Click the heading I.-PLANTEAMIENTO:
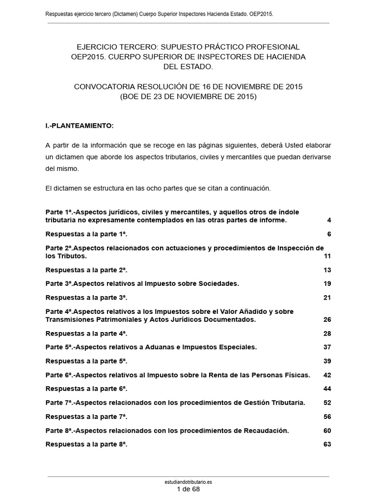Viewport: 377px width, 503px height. tap(80, 126)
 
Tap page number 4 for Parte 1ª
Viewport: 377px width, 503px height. tap(329, 221)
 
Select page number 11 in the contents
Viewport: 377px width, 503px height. tap(327, 256)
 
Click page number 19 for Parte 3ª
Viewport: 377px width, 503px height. tap(327, 284)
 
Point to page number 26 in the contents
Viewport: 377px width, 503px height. tap(327, 320)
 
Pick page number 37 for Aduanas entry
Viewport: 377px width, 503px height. tap(327, 347)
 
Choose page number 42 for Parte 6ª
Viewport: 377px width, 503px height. tap(327, 375)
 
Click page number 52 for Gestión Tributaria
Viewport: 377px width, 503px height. tap(327, 403)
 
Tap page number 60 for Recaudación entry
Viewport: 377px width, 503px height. tap(327, 431)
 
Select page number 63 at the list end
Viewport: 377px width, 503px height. tap(327, 445)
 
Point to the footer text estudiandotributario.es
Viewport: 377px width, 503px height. tap(188, 482)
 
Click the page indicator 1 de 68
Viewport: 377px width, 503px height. tap(188, 489)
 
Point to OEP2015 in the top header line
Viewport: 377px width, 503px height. tap(260, 15)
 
